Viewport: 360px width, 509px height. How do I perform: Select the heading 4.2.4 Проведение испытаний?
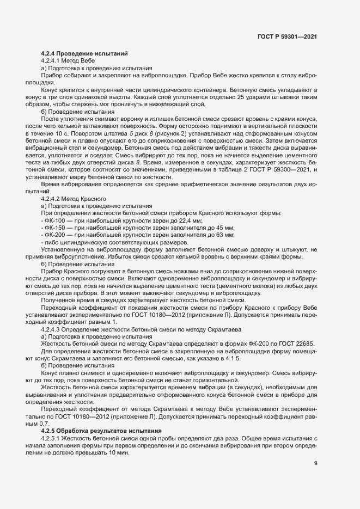(x=84, y=53)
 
